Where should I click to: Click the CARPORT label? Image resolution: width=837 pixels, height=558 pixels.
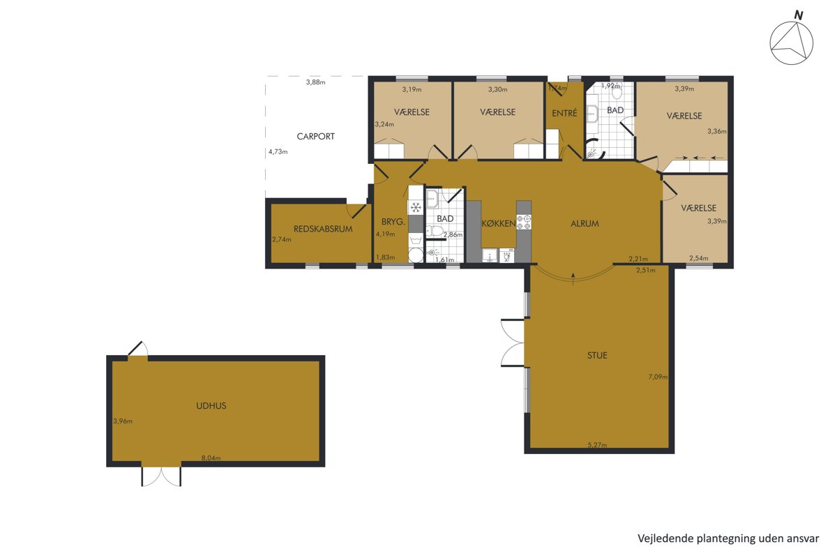(x=315, y=137)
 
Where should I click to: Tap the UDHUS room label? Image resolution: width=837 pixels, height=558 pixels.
(x=211, y=405)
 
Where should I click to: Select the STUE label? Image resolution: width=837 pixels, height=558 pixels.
(x=597, y=355)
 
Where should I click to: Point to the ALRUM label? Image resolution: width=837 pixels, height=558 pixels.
(x=585, y=223)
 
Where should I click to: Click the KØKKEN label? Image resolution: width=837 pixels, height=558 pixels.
(x=499, y=223)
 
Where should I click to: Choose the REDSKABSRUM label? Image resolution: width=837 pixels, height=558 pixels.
(x=323, y=229)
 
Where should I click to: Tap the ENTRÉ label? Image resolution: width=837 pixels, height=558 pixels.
(x=564, y=112)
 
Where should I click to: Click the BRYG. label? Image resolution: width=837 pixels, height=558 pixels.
(x=393, y=222)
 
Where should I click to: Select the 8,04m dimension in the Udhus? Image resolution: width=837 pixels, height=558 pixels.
(x=211, y=458)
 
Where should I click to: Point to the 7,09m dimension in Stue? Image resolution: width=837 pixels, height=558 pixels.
(x=658, y=377)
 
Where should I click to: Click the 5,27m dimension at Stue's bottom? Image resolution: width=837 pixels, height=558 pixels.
(x=597, y=445)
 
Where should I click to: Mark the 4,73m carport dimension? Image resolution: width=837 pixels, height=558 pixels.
(x=278, y=152)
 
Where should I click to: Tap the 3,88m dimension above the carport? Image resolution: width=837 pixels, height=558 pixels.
(x=315, y=82)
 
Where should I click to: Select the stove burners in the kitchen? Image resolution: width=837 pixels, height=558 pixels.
(x=524, y=222)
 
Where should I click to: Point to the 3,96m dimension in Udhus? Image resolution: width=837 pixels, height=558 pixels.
(x=123, y=421)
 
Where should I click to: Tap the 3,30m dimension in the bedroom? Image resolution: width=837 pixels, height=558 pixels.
(x=498, y=89)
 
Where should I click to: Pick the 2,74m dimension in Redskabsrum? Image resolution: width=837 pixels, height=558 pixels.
(x=281, y=239)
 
